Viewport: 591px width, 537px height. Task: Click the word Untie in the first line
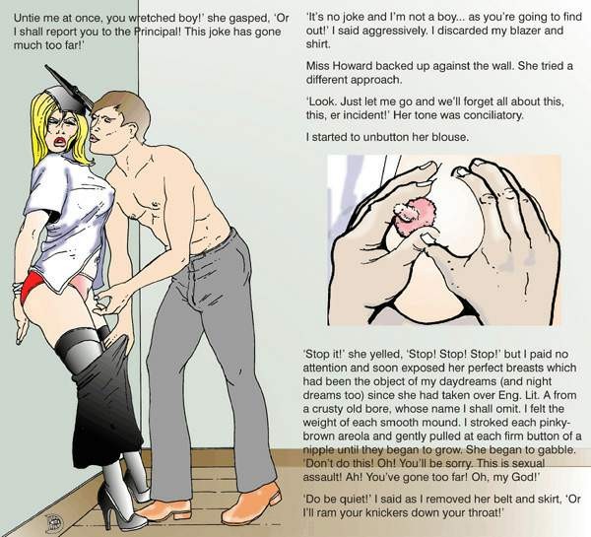[x=25, y=18]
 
